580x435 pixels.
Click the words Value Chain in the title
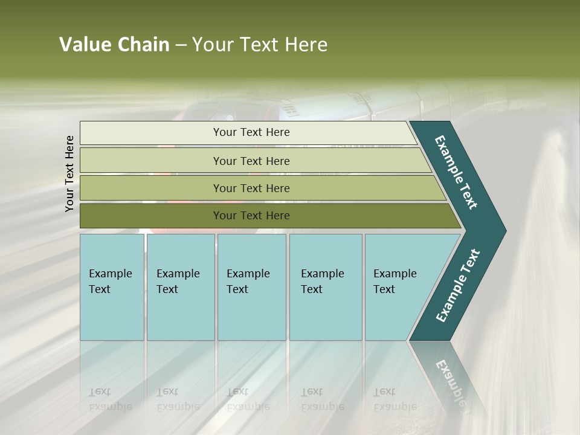pos(114,45)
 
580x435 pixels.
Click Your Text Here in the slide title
pos(260,45)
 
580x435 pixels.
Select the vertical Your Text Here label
pos(69,174)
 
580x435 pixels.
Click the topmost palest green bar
pos(251,132)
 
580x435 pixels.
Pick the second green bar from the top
pos(251,161)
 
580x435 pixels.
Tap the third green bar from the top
pos(251,188)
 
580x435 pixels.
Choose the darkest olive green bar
pos(251,216)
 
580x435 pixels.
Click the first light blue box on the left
pos(112,287)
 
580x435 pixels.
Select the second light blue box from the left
pos(180,287)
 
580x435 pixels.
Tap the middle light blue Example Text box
pos(251,287)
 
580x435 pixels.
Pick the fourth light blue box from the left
pos(325,287)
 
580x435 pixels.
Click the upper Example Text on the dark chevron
pos(457,172)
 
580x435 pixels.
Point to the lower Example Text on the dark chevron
pos(457,286)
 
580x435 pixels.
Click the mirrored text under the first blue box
pos(111,399)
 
